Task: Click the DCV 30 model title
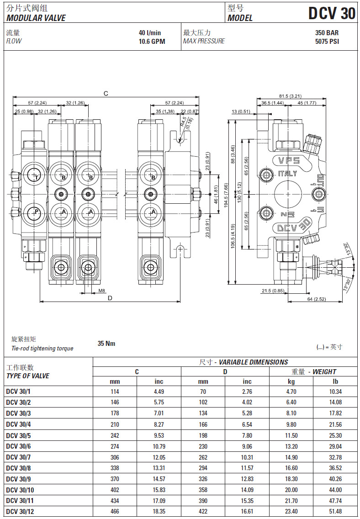click(332, 14)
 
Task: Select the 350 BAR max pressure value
click(327, 33)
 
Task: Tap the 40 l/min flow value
click(150, 33)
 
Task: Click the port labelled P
click(35, 212)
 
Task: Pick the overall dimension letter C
click(106, 94)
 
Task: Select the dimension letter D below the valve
click(110, 298)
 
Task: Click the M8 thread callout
click(101, 290)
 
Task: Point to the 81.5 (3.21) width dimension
click(290, 96)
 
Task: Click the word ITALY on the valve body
click(287, 174)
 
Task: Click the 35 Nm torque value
click(106, 344)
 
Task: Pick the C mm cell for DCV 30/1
click(115, 392)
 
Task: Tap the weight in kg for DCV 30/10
click(291, 489)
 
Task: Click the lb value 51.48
click(335, 511)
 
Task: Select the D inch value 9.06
click(247, 446)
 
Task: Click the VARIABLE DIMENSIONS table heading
click(244, 362)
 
